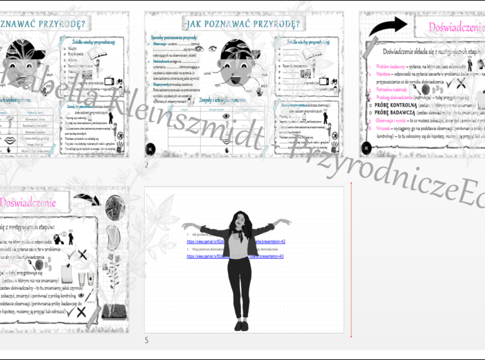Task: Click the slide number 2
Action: click(147, 165)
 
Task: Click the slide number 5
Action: click(146, 340)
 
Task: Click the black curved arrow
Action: click(387, 26)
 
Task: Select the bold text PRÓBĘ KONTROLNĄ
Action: click(400, 105)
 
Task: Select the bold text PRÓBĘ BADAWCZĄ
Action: click(399, 112)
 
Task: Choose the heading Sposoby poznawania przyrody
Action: click(177, 36)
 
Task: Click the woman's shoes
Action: click(240, 325)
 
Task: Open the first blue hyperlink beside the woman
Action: click(208, 242)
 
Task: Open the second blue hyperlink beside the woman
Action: click(208, 256)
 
